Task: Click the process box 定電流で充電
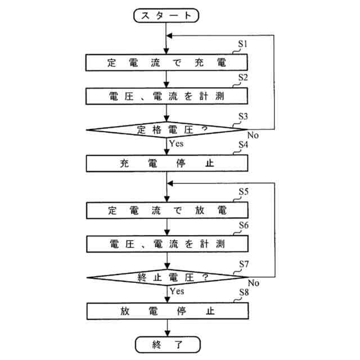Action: coord(168,62)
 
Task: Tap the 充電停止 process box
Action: coord(168,164)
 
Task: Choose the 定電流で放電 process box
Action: coord(168,210)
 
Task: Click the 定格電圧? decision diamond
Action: coord(168,130)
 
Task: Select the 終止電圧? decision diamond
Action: coord(168,277)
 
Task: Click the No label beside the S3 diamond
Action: coord(253,135)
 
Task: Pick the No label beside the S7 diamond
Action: coord(253,282)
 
